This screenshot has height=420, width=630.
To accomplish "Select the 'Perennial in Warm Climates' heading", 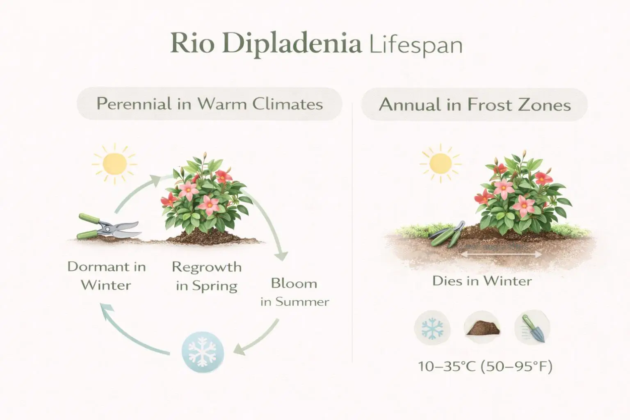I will [x=210, y=104].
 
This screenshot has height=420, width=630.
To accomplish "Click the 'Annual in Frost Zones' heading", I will [x=475, y=105].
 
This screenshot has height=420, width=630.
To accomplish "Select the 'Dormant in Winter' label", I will [x=106, y=276].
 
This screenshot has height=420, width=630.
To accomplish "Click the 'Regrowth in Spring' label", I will [x=206, y=276].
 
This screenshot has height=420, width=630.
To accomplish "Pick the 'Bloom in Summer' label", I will [x=294, y=292].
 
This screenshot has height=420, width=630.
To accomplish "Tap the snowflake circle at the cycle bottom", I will [x=203, y=352].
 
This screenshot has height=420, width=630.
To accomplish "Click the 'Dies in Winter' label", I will [x=482, y=281].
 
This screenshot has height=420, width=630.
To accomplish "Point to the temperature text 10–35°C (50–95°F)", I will [x=485, y=366].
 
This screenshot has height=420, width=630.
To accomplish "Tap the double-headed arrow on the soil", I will [x=502, y=254].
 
